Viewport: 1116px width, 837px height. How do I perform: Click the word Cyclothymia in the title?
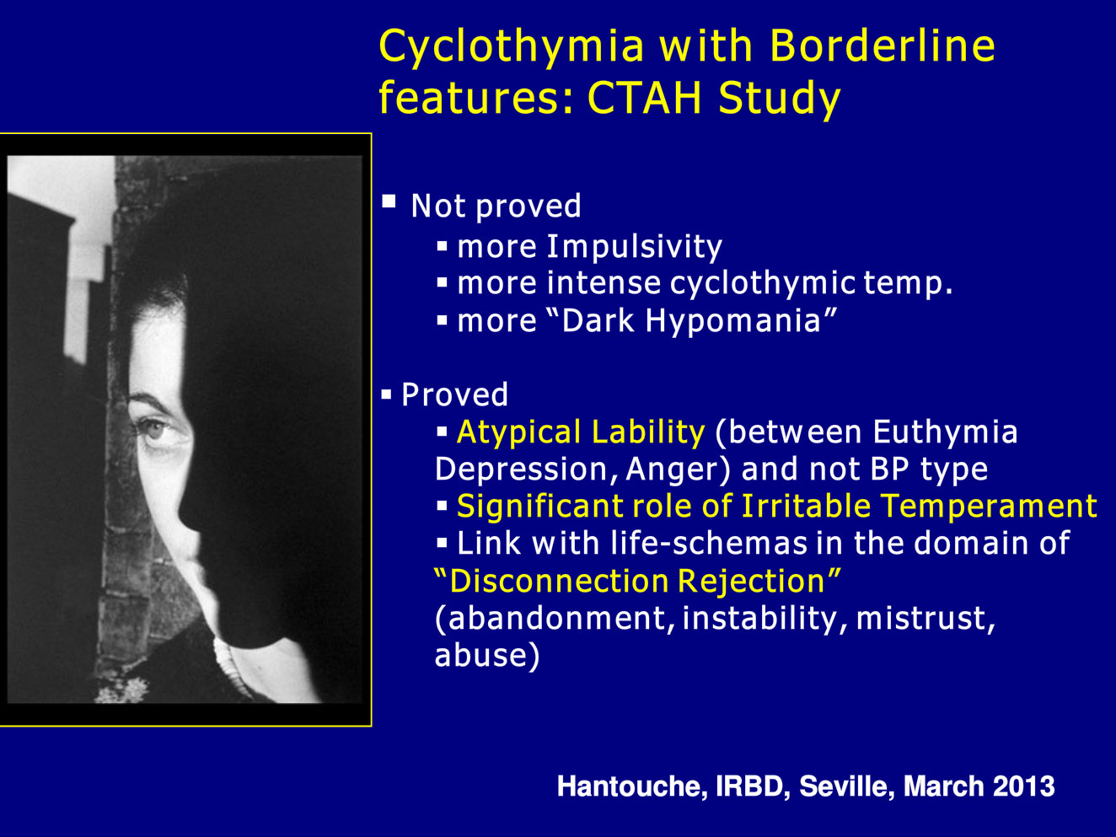coord(512,47)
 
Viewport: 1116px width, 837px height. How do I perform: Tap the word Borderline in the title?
coord(883,46)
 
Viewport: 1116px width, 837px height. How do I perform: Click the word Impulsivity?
coord(635,248)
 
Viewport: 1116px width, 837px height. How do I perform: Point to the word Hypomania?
coord(733,322)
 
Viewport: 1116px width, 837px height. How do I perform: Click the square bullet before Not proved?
coord(389,201)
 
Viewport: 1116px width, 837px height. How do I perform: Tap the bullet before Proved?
coord(386,394)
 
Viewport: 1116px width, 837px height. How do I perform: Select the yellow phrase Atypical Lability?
coord(581,432)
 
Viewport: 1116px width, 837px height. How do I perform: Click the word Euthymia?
coord(946,432)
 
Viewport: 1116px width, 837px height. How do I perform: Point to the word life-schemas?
coord(709,543)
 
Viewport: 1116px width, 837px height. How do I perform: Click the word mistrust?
coord(926,618)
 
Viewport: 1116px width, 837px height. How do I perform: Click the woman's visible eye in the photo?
coord(153,430)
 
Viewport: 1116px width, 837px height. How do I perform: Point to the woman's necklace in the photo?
coord(231,666)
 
